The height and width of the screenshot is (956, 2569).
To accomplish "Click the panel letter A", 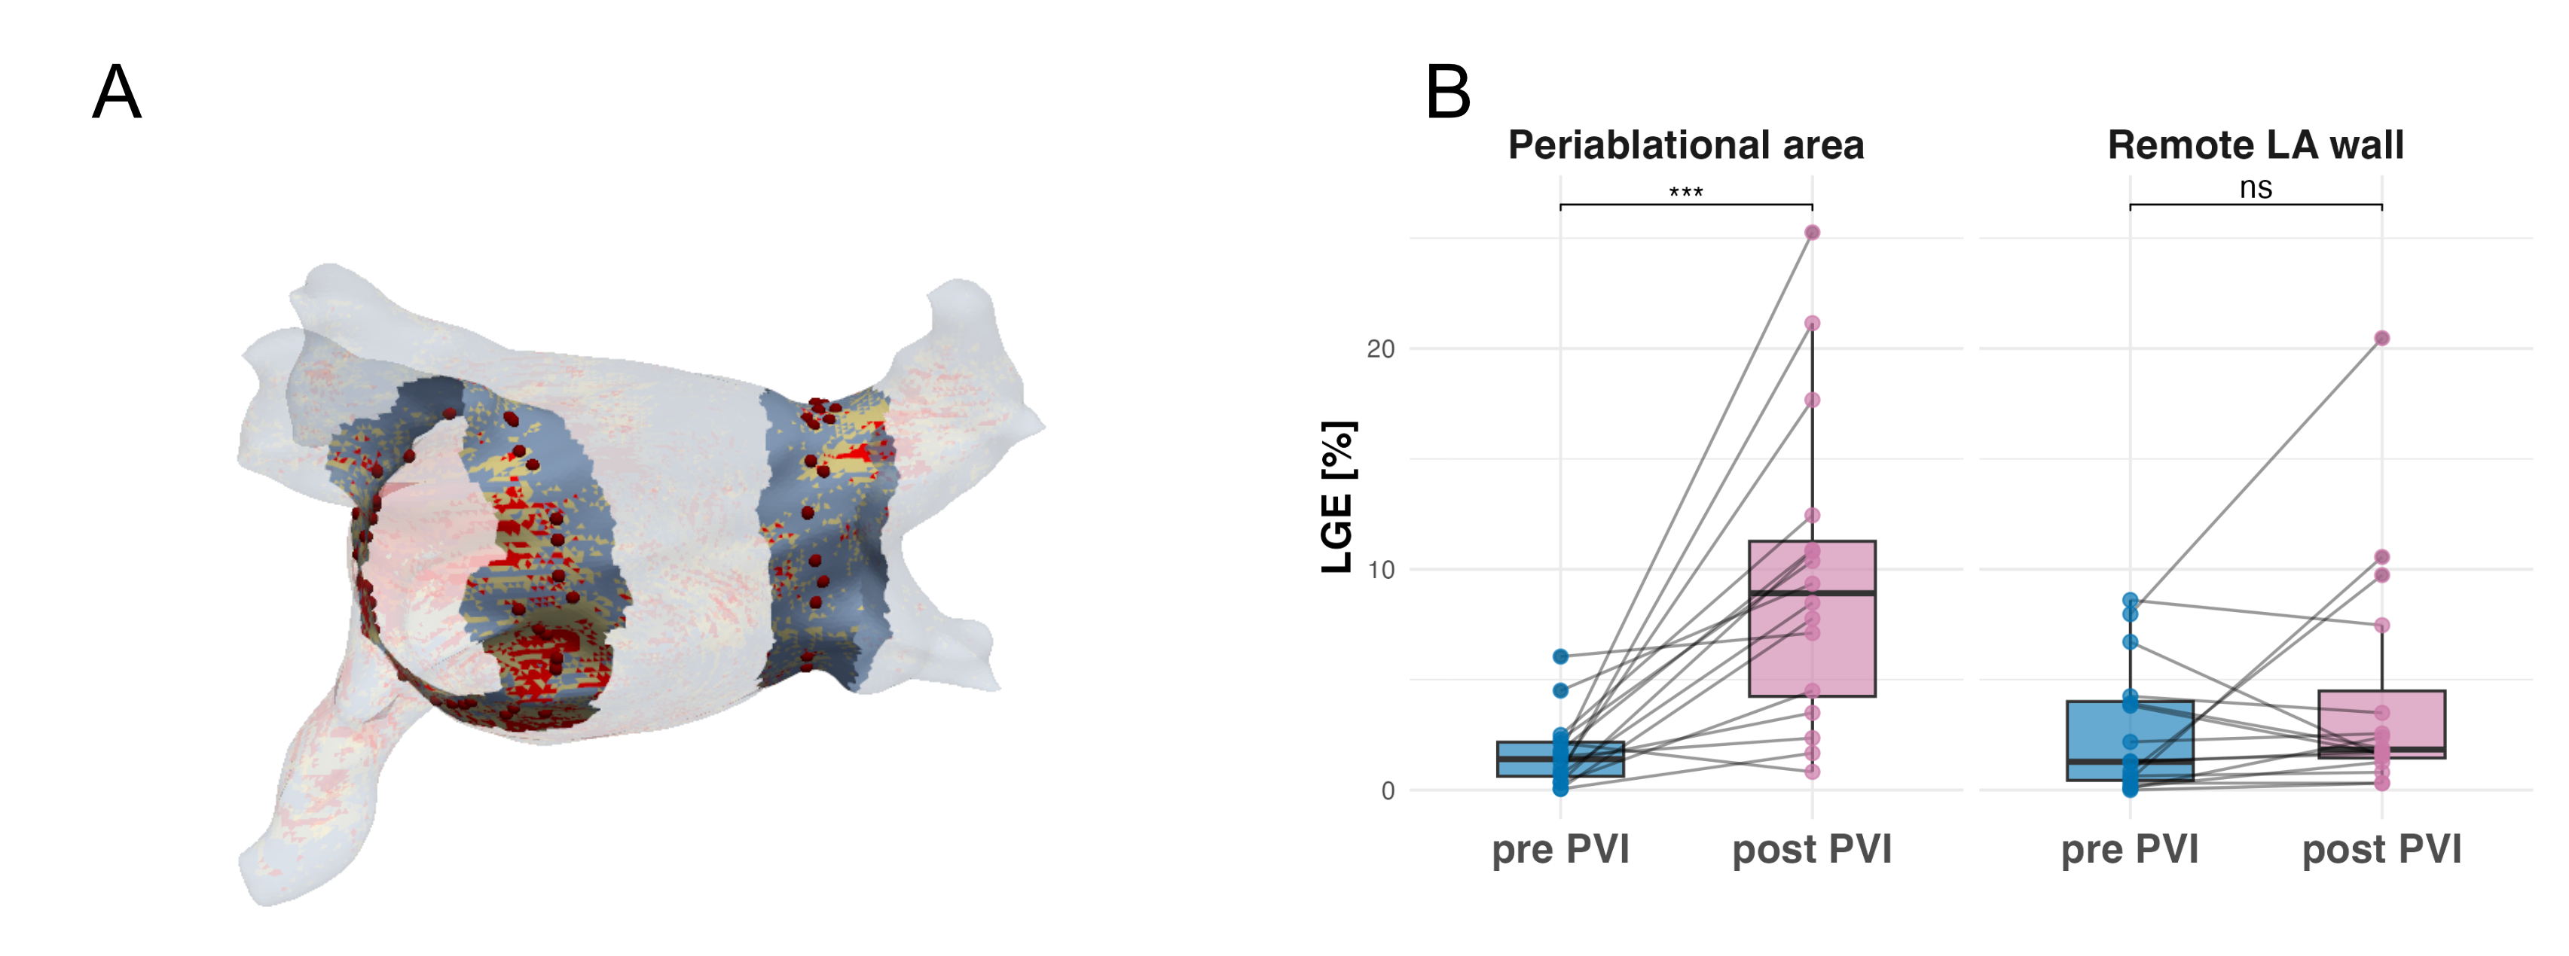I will (x=117, y=92).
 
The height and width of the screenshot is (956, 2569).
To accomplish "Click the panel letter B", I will (x=1448, y=92).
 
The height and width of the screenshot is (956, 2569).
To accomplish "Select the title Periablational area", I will (x=1685, y=145).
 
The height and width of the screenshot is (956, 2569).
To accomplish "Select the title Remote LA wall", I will (x=2255, y=145).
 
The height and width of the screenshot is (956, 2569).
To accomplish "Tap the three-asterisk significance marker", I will (x=1685, y=191).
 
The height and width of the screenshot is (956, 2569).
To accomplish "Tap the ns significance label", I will (x=2255, y=187).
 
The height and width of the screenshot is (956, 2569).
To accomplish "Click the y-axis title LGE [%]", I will (x=1337, y=496).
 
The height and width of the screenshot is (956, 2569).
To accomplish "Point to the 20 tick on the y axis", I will (x=1380, y=349).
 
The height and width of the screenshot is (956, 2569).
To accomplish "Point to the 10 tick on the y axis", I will (x=1380, y=570).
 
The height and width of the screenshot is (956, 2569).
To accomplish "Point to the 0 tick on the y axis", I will (x=1387, y=791).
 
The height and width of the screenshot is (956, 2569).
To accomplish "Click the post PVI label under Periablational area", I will (x=1811, y=849).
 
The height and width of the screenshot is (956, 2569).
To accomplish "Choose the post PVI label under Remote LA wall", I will (x=2381, y=849).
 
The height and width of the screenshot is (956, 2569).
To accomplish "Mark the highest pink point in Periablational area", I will (x=1812, y=233).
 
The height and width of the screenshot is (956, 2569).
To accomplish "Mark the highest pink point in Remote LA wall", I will (x=2381, y=339).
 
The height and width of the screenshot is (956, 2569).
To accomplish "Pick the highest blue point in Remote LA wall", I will (x=2131, y=600).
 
